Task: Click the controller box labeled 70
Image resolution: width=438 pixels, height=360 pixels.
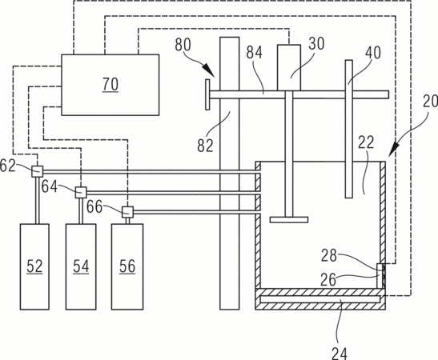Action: point(111,85)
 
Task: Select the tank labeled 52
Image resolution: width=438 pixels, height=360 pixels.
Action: point(34,266)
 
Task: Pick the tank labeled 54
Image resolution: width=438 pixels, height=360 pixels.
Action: point(81,266)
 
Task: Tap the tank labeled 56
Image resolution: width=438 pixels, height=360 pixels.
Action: point(127,266)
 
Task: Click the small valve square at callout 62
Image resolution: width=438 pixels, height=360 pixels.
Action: point(37,171)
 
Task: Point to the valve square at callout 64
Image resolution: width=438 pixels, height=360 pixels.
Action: point(81,192)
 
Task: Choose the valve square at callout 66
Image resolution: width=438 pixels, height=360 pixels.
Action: point(127,212)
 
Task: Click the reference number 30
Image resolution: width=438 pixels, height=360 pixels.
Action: point(316,43)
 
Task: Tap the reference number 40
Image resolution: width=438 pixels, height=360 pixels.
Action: point(373,52)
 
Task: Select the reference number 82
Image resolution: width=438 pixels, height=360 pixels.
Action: point(205,145)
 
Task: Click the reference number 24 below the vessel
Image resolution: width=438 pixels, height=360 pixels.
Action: point(340,354)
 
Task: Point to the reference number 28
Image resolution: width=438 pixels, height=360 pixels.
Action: point(329,255)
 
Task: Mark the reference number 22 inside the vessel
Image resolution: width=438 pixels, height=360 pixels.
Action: point(366,142)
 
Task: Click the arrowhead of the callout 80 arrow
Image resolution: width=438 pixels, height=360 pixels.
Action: point(211,72)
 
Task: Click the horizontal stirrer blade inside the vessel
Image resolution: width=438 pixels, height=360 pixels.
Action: point(289,220)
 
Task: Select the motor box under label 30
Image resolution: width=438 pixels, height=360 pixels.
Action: point(289,67)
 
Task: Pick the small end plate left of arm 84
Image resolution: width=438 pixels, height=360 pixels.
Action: point(207,94)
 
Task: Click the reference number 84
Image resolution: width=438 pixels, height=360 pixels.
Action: point(254,52)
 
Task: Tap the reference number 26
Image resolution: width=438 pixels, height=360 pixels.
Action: point(328,280)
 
